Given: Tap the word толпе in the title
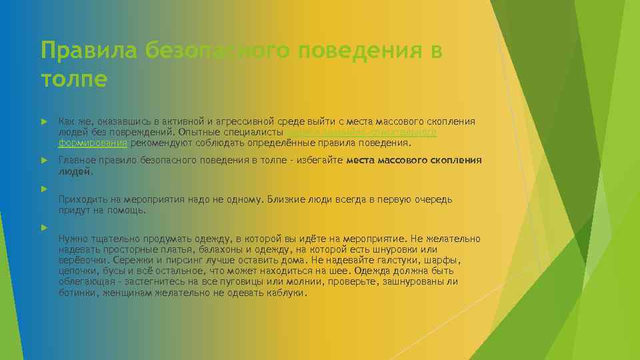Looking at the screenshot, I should pos(73,79).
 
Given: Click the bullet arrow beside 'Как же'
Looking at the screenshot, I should pos(43,122).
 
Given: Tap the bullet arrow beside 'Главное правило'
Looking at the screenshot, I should pos(43,161).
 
